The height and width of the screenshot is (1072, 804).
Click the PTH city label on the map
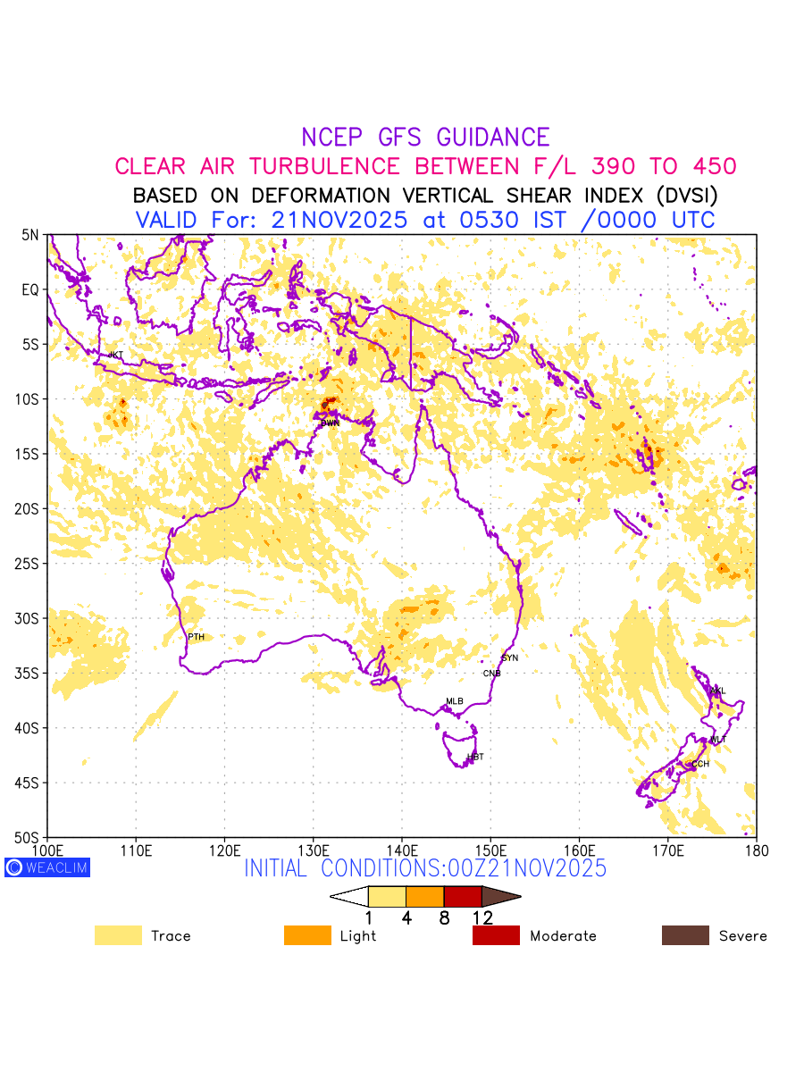pyautogui.click(x=196, y=637)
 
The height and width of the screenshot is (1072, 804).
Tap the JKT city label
pyautogui.click(x=116, y=355)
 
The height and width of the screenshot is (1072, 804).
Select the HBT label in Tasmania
pyautogui.click(x=475, y=757)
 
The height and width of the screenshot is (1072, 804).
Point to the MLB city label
pyautogui.click(x=455, y=701)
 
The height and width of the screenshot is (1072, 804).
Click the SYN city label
pyautogui.click(x=509, y=657)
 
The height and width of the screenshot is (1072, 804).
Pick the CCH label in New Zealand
pyautogui.click(x=700, y=764)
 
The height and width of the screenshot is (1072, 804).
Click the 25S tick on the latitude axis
pyautogui.click(x=29, y=564)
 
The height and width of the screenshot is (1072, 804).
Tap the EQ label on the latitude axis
pyautogui.click(x=30, y=289)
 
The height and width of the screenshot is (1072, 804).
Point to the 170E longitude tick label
pyautogui.click(x=667, y=848)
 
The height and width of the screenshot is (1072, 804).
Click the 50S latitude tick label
pyautogui.click(x=29, y=838)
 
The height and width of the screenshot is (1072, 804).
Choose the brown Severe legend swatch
pyautogui.click(x=685, y=935)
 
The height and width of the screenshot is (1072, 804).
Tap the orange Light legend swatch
pyautogui.click(x=307, y=935)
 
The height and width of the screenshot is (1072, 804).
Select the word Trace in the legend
pyautogui.click(x=171, y=936)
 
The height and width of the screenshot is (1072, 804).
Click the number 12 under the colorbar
pyautogui.click(x=482, y=917)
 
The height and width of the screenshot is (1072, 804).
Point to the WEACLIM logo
pyautogui.click(x=47, y=867)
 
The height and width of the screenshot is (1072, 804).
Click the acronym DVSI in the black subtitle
pyautogui.click(x=682, y=195)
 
